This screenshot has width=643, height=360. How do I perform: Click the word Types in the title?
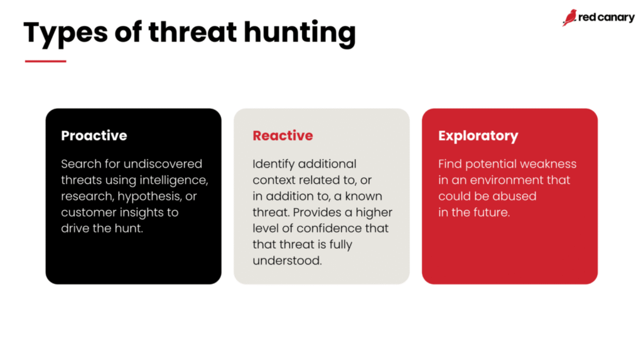tap(65, 33)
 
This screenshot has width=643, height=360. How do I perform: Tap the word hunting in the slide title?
tap(300, 34)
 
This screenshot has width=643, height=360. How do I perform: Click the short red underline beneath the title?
tap(45, 61)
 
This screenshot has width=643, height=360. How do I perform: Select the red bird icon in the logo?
tap(570, 18)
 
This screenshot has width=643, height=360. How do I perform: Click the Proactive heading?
tap(94, 136)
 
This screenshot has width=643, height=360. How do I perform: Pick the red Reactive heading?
tap(283, 136)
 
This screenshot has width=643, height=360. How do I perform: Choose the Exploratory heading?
tap(478, 136)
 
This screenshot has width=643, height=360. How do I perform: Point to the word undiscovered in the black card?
tap(163, 164)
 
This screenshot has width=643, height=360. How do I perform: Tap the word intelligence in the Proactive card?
tap(174, 180)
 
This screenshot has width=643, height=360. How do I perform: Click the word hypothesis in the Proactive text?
tap(149, 196)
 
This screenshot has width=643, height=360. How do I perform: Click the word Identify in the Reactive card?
tap(274, 164)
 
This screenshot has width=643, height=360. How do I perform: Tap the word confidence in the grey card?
tap(329, 228)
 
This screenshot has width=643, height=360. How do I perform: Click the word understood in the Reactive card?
tap(287, 261)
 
